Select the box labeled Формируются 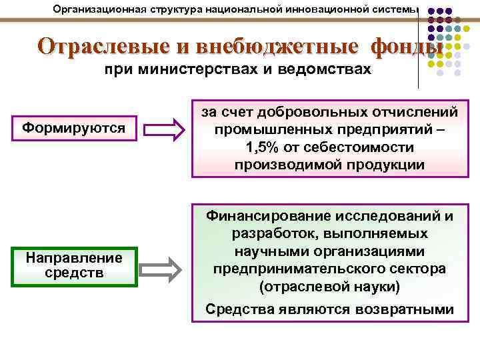(74, 127)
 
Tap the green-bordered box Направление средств (74, 265)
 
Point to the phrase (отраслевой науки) (329, 287)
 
